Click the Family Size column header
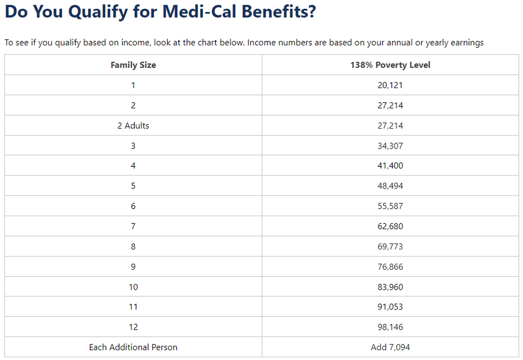tap(133, 65)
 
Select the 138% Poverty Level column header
tap(390, 65)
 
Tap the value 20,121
tap(390, 85)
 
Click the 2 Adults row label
tap(133, 126)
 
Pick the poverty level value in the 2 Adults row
tap(390, 126)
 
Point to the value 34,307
tap(390, 146)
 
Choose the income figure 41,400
tap(390, 166)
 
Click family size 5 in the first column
tap(133, 186)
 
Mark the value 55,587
tap(390, 206)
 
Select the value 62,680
tap(390, 226)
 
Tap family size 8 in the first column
tap(133, 246)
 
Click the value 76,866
tap(390, 266)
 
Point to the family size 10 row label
tap(133, 287)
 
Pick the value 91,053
tap(390, 307)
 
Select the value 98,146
tap(390, 327)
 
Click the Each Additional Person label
tap(133, 347)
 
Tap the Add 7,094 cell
tap(390, 347)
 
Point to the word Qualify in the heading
tap(95, 12)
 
